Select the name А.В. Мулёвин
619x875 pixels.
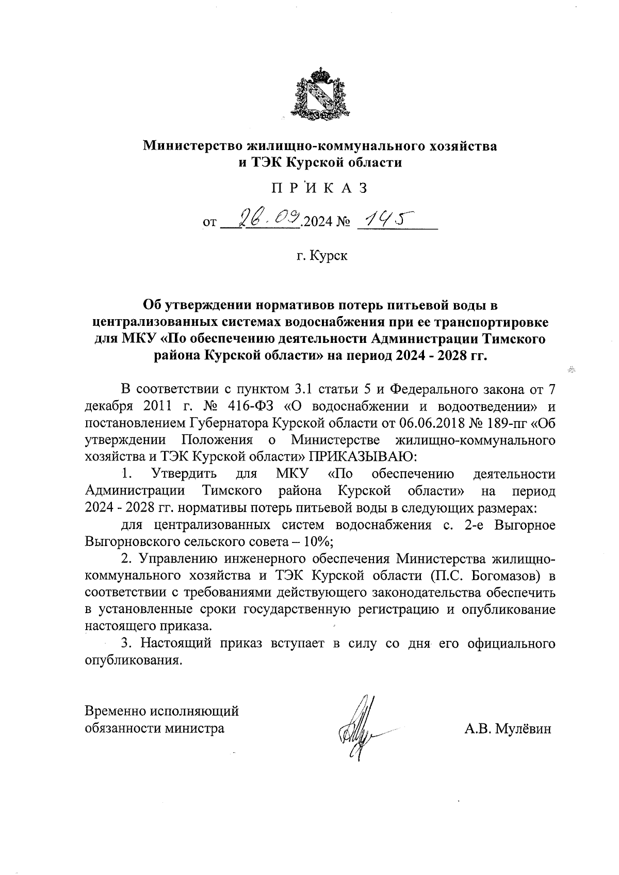pos(508,729)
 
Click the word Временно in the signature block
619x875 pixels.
pos(115,712)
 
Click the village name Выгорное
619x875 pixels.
pos(525,525)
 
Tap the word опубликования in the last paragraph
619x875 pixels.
pos(133,661)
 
